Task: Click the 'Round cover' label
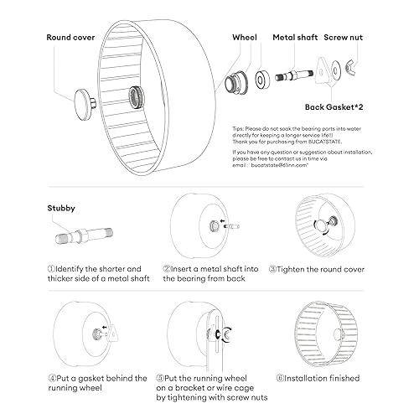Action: tap(71, 38)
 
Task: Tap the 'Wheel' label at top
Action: tap(244, 38)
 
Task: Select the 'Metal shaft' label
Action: tap(294, 38)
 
